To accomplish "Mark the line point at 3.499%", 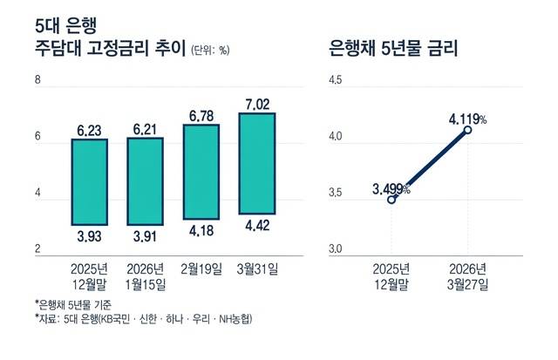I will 391,200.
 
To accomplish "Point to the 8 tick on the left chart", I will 37,81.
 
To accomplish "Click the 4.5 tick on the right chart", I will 337,81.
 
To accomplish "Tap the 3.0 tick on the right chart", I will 337,251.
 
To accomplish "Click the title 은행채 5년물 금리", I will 394,49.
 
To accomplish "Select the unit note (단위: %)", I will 210,51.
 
